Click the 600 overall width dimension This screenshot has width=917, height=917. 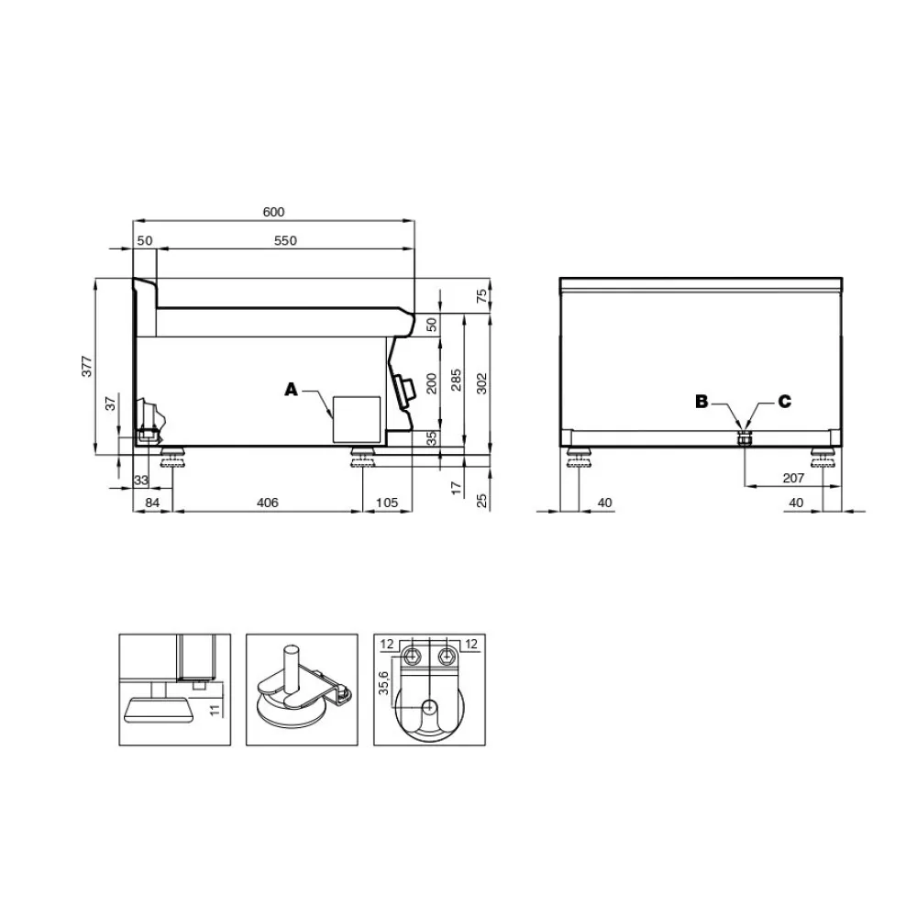273,212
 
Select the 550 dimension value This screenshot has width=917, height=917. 285,240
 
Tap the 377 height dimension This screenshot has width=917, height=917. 87,367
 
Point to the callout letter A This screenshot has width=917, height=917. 292,390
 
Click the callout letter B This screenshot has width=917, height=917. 702,401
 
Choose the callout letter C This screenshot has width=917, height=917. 784,401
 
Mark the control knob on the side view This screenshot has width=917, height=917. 403,389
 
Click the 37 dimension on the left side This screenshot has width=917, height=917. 111,403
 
